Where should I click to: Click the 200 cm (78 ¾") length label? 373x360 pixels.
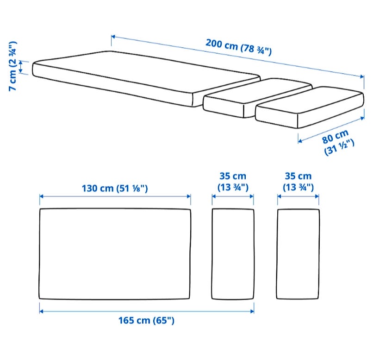238,47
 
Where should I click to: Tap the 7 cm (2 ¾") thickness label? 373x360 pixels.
12,66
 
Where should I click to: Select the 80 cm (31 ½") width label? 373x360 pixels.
338,143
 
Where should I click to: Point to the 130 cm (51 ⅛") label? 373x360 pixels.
115,188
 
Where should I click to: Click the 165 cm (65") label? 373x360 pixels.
146,320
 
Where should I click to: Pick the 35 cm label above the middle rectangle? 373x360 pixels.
233,182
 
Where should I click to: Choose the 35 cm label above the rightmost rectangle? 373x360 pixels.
298,182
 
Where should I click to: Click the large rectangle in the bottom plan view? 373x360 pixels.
115,254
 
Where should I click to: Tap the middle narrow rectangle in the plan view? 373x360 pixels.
233,254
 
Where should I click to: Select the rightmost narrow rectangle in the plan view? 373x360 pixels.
298,254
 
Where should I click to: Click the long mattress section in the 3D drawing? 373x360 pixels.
146,79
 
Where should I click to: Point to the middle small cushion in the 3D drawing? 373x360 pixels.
257,98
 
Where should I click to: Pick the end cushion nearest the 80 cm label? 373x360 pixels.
310,107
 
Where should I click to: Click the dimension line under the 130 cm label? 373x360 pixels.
115,196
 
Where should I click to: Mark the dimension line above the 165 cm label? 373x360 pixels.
147,311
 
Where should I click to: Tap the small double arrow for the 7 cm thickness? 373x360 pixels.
21,67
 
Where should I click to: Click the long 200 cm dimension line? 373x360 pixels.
237,57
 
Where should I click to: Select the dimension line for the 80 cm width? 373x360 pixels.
331,130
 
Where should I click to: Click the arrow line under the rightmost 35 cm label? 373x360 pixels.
298,196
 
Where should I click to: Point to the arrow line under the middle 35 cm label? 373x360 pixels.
233,196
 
